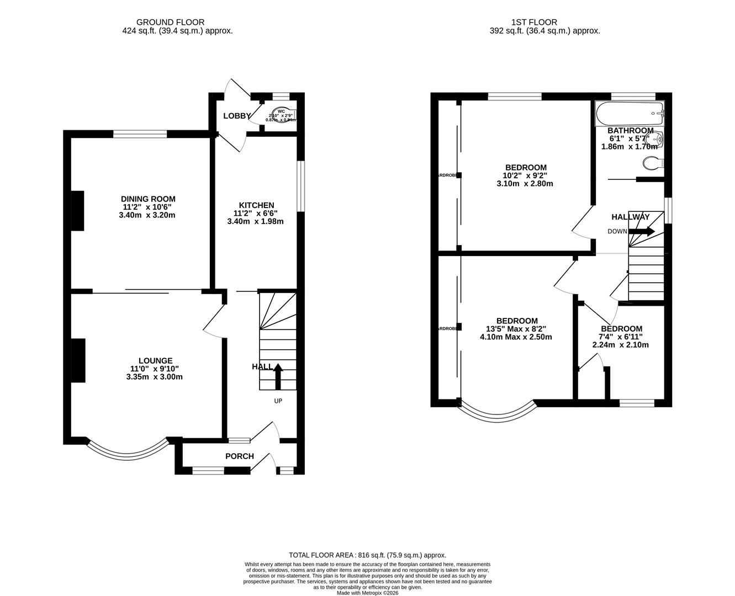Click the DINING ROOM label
147,199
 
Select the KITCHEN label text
256,205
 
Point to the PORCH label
240,456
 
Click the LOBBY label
237,116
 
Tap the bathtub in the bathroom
630,113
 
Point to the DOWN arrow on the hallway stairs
642,231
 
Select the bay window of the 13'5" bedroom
498,413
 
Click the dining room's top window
140,134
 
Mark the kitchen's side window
301,186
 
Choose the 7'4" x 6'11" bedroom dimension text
620,337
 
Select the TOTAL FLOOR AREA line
367,555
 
